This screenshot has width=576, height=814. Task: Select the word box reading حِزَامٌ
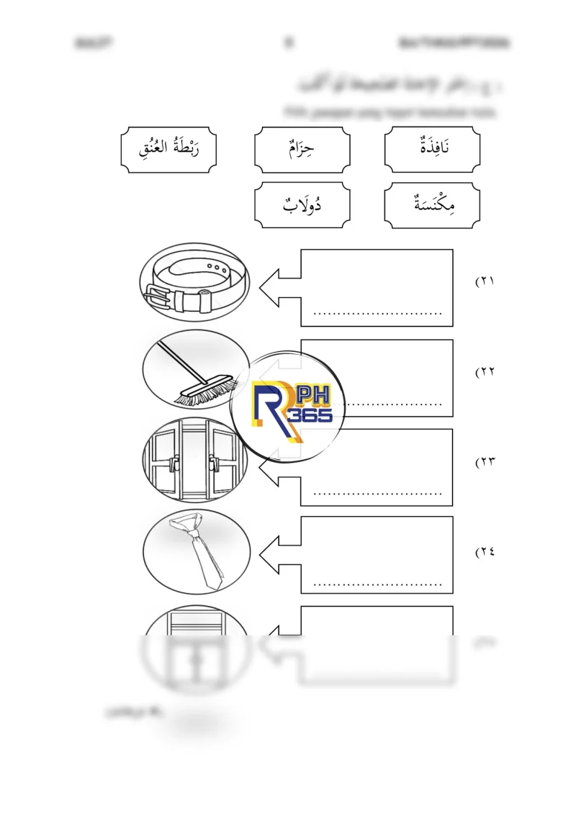click(302, 149)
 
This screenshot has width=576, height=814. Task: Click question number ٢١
click(485, 281)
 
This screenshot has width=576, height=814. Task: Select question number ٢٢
click(485, 372)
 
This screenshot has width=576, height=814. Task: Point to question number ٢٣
click(485, 461)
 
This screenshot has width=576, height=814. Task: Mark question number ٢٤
click(485, 552)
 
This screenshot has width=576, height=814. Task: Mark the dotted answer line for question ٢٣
click(377, 494)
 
